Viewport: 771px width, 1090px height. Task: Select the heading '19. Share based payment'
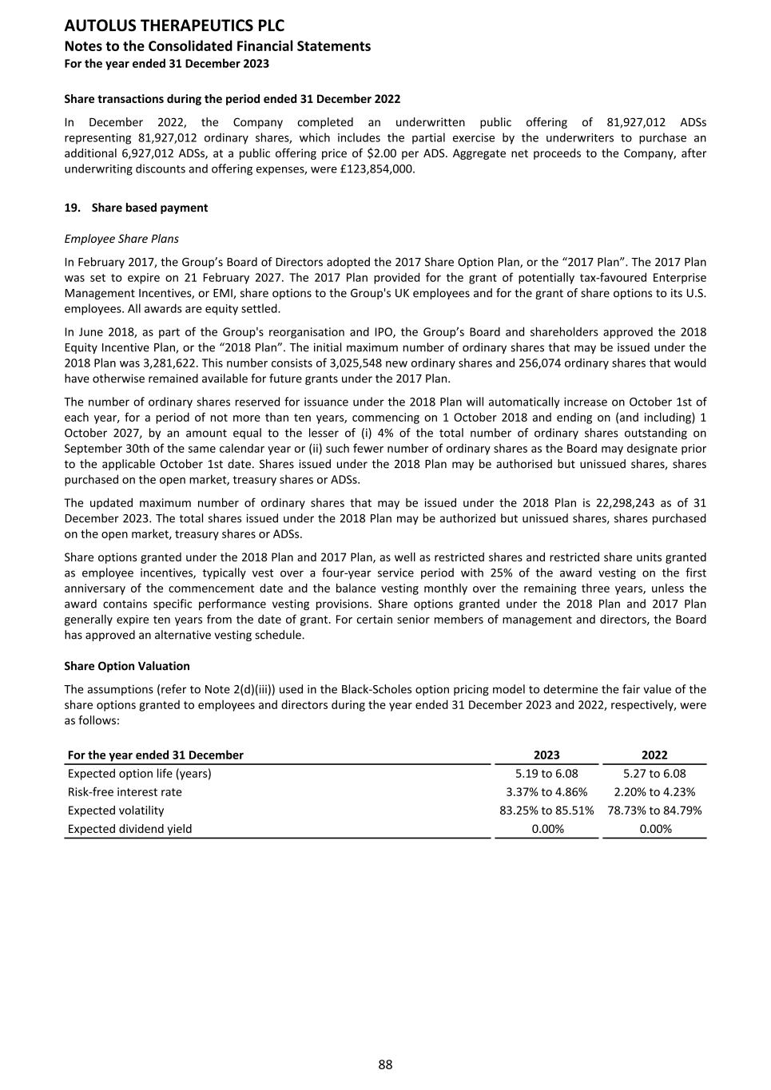click(x=136, y=208)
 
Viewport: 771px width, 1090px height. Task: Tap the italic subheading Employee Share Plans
click(x=121, y=239)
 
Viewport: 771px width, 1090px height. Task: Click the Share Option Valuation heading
click(x=127, y=666)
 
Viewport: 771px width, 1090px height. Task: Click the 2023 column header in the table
click(x=546, y=755)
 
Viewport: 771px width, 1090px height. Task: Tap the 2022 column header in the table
click(x=654, y=755)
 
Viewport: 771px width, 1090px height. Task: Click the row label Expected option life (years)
click(x=140, y=773)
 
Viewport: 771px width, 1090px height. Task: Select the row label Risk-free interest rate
click(x=125, y=792)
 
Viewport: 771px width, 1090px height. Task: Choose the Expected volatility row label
click(x=116, y=811)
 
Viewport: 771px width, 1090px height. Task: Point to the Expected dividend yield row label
click(x=130, y=829)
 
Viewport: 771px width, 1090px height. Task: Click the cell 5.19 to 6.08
click(x=546, y=773)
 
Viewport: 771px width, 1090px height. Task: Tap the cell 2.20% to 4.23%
click(x=654, y=792)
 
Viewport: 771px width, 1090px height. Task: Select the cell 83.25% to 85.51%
click(x=546, y=811)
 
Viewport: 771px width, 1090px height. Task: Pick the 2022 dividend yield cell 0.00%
click(x=654, y=829)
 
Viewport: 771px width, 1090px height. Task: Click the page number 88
click(x=385, y=1064)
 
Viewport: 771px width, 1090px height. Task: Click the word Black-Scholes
click(x=376, y=690)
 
